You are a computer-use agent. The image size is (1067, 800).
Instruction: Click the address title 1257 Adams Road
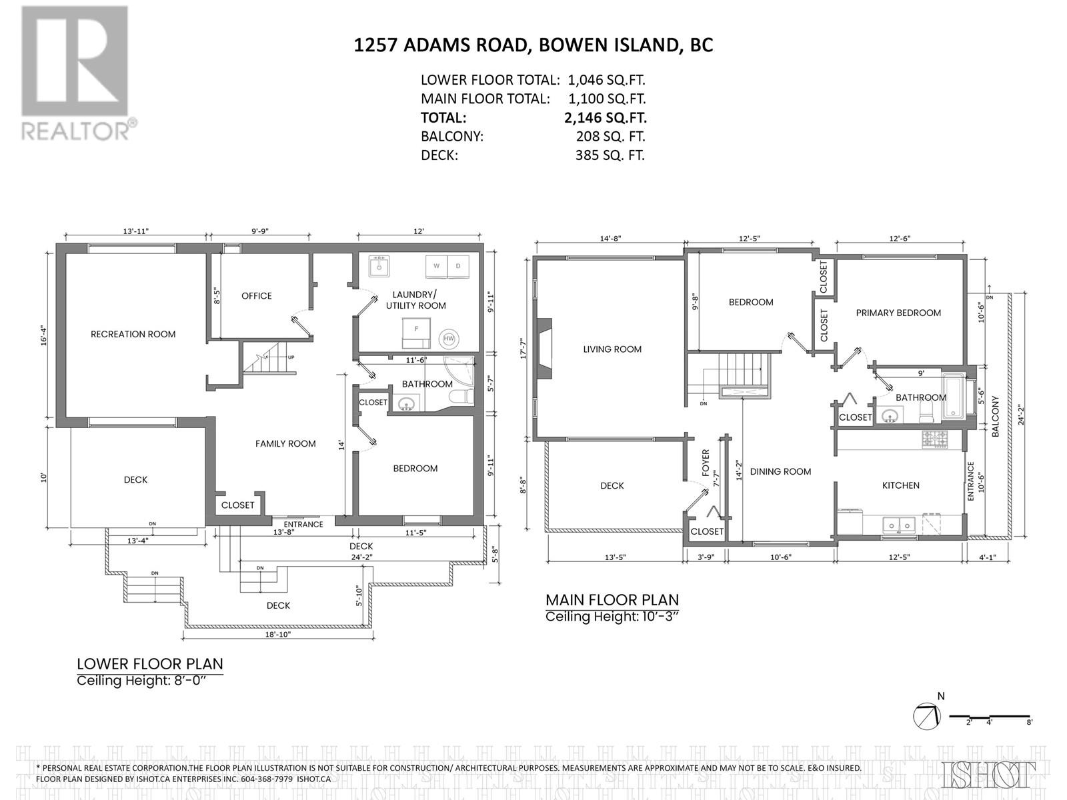[x=533, y=45]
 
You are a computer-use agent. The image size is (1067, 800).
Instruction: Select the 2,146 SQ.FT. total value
[x=605, y=118]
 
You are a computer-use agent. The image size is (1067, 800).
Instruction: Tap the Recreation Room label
[x=133, y=334]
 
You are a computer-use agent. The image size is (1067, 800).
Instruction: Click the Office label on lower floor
[x=257, y=296]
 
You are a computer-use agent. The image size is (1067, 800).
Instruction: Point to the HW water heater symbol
[x=448, y=339]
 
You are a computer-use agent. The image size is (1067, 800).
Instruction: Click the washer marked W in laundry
[x=437, y=266]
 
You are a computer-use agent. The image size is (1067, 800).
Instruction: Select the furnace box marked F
[x=417, y=329]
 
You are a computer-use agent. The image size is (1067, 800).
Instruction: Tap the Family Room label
[x=285, y=443]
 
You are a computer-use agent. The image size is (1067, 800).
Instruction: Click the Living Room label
[x=612, y=349]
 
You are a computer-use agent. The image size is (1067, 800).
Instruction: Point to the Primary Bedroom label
[x=898, y=313]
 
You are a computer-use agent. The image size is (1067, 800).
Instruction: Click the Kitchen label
[x=901, y=485]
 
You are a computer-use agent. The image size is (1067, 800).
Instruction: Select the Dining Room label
[x=780, y=471]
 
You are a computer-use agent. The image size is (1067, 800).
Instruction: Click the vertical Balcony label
[x=996, y=417]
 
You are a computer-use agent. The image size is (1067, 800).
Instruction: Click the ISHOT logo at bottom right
[x=990, y=774]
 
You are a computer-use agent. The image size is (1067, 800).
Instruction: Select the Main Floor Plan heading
[x=612, y=599]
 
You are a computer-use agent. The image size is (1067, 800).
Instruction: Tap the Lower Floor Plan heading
[x=149, y=664]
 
